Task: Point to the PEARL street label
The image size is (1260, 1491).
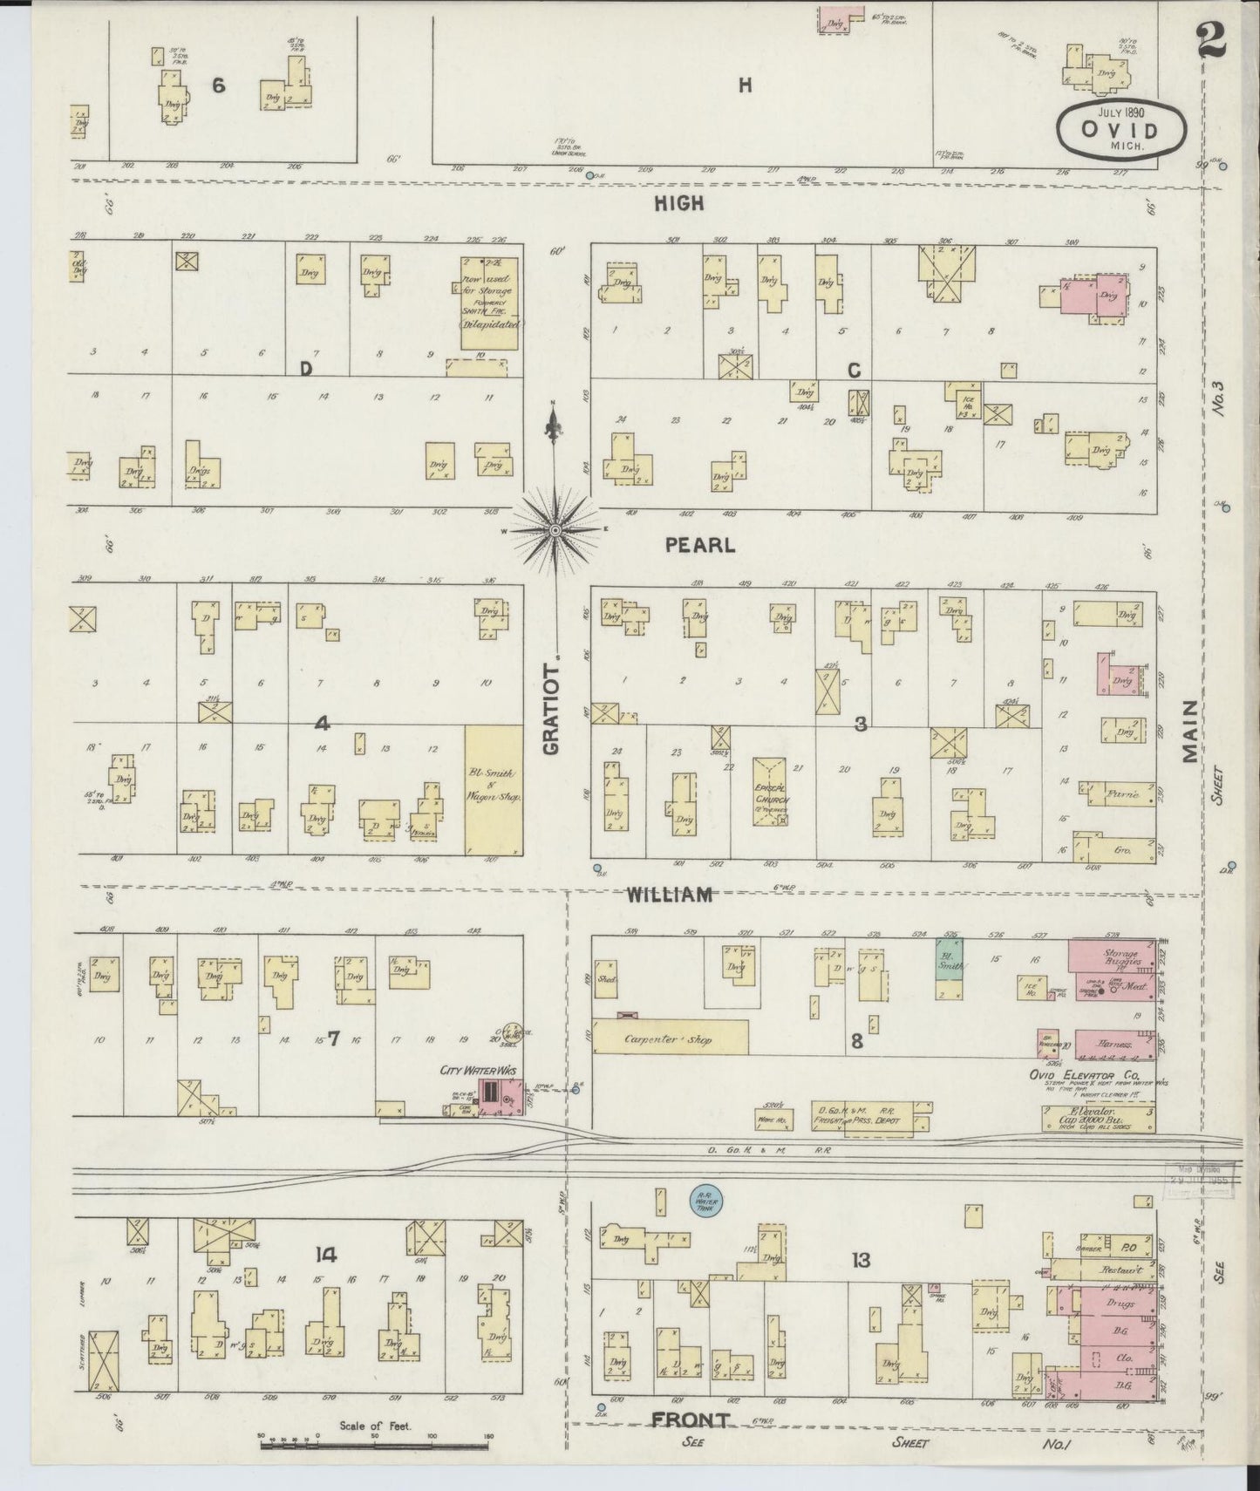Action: click(x=699, y=545)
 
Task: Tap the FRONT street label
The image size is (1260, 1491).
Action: click(x=689, y=1421)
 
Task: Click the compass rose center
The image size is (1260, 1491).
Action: click(x=555, y=529)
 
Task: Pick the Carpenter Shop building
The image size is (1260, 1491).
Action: click(x=670, y=1038)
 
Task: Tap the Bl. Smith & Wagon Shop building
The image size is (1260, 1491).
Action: click(x=493, y=789)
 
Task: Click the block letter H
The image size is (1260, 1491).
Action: click(x=744, y=85)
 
